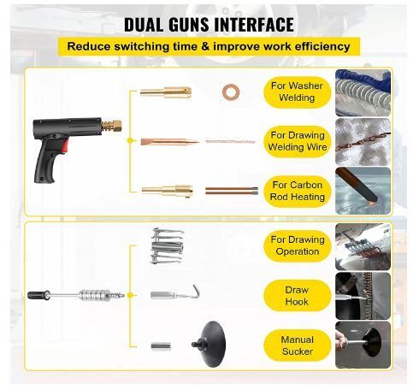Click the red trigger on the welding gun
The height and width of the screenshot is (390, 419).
click(65, 145)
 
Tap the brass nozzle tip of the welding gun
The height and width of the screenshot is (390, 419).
click(112, 127)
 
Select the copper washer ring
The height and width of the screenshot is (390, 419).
click(231, 92)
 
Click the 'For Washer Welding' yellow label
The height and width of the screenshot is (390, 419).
click(297, 92)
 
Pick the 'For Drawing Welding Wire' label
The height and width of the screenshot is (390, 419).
click(298, 141)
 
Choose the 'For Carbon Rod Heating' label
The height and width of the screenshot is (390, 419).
click(298, 191)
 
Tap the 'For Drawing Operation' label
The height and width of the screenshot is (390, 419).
click(298, 245)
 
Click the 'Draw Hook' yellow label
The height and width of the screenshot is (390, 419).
click(298, 296)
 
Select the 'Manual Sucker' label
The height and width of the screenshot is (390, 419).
click(298, 346)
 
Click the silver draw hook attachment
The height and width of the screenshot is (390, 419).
click(175, 292)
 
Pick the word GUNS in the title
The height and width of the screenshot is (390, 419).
click(189, 25)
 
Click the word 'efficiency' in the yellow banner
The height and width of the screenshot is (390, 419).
click(322, 46)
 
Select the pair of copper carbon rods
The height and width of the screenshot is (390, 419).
click(232, 191)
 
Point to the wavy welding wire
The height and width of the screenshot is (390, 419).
click(230, 141)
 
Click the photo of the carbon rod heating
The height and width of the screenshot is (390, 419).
click(363, 191)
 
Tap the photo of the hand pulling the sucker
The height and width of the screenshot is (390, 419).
click(363, 345)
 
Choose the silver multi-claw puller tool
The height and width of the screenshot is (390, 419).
click(168, 245)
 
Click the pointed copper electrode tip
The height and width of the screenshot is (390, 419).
click(170, 141)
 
